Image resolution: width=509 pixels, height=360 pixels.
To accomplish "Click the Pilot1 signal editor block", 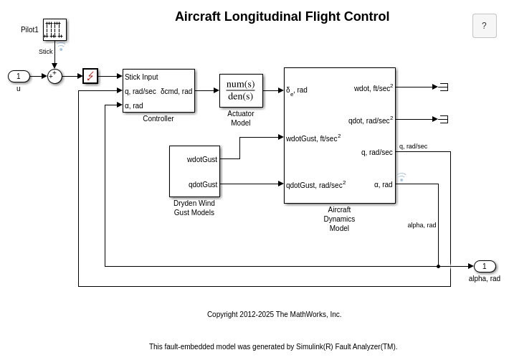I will point(54,29).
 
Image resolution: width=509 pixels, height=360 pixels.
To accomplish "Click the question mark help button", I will point(484,26).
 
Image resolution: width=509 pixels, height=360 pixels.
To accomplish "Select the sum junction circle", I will point(54,76).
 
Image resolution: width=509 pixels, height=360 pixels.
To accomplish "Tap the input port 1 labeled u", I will point(19,76).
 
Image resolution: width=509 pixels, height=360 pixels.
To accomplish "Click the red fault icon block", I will point(90,76).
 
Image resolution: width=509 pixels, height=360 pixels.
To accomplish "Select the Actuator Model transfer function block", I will point(241,90).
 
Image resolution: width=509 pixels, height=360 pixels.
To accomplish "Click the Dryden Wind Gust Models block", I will point(194,171).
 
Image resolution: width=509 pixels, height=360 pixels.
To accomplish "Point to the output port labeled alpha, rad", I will point(485,266).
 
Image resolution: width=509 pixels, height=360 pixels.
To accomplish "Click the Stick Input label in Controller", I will point(141,77).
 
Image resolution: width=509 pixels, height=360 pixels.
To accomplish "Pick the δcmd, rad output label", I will point(176,91).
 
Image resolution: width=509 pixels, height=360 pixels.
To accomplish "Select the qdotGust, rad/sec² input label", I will point(315,184).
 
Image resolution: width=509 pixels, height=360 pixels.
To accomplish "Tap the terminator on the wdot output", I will point(443,87).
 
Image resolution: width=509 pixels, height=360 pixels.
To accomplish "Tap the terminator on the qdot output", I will point(443,119).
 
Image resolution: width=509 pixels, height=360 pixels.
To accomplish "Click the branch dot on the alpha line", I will point(438,266).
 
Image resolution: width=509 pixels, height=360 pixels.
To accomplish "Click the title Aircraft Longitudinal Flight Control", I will point(282,16).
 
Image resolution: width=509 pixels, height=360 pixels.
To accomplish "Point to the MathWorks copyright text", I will point(274,314).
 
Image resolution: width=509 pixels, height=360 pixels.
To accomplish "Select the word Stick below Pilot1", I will point(46,52).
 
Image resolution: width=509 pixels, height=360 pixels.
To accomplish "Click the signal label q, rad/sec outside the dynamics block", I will point(413,146).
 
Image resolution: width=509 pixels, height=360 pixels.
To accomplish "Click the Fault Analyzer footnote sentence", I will point(273,346).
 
